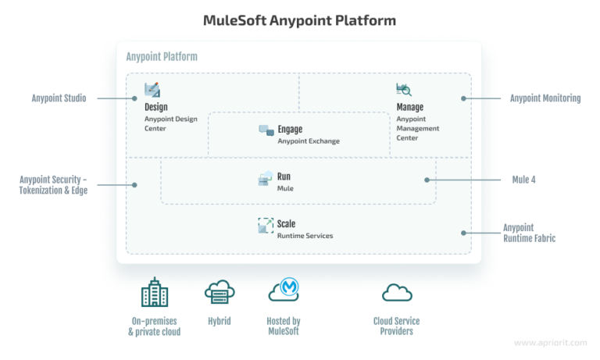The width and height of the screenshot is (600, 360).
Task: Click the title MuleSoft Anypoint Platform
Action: tap(299, 20)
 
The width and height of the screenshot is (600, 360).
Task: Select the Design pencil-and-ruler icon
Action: tap(152, 90)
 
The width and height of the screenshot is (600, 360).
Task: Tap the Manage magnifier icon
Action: tap(404, 90)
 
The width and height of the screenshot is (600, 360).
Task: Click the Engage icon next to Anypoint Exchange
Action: tap(266, 130)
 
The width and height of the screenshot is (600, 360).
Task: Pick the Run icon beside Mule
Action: tap(266, 179)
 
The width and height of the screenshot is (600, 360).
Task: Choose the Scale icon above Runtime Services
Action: tap(266, 226)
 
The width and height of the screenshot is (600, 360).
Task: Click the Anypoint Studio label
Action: tap(59, 98)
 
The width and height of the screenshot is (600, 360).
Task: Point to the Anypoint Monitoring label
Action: tap(545, 98)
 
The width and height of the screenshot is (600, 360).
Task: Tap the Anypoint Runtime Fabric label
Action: tap(529, 233)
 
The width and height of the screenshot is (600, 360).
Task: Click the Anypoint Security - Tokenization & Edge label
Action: tap(53, 185)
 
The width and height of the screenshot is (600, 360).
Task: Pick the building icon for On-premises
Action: tap(154, 293)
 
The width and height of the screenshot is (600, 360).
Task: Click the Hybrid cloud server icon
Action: tap(220, 293)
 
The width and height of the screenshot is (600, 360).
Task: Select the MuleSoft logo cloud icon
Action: tap(284, 291)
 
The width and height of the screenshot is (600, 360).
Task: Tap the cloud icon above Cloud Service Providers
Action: tap(397, 293)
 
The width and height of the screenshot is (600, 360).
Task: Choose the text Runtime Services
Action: tap(305, 235)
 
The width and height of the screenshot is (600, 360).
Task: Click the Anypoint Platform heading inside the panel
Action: tap(162, 57)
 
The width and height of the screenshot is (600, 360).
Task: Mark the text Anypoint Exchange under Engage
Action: tap(309, 141)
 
